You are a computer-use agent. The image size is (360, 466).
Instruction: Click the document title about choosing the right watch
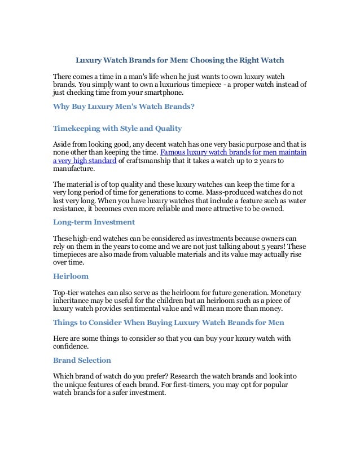(x=180, y=59)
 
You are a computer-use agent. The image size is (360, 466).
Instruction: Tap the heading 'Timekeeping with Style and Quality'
(x=117, y=128)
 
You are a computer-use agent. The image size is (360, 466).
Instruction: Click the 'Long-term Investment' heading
(x=94, y=223)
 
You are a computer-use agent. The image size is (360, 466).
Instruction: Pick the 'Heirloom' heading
(x=71, y=277)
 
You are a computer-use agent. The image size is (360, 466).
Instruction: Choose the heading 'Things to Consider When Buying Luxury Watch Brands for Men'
(x=168, y=322)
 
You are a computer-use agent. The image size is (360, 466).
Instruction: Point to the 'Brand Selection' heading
(x=82, y=359)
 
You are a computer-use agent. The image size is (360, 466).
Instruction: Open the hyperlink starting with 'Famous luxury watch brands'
(x=233, y=152)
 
